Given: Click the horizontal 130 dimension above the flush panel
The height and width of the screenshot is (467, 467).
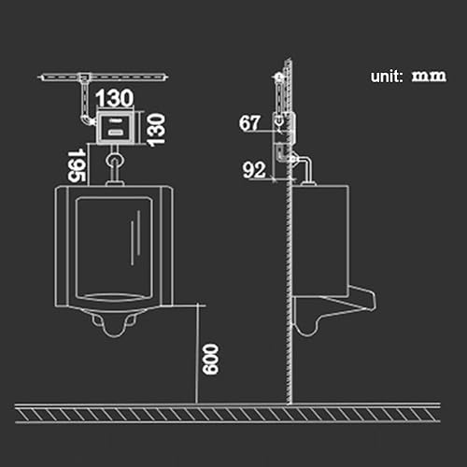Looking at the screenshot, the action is coord(115,98).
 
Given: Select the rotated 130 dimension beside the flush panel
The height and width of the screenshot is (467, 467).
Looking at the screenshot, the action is coord(156,130).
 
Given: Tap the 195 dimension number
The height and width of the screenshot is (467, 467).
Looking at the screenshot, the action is coord(77,165).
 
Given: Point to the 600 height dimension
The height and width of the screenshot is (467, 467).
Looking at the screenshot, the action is coord(210,359).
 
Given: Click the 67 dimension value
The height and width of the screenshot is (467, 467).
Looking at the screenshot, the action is coord(249,123).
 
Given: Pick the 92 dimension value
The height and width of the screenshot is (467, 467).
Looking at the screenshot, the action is coord(254,170).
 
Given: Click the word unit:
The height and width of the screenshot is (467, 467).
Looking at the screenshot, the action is coord(387,77).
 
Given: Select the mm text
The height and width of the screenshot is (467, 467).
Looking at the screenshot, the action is coord(429,76).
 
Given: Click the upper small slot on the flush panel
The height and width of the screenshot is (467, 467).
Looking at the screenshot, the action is coord(116,120).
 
